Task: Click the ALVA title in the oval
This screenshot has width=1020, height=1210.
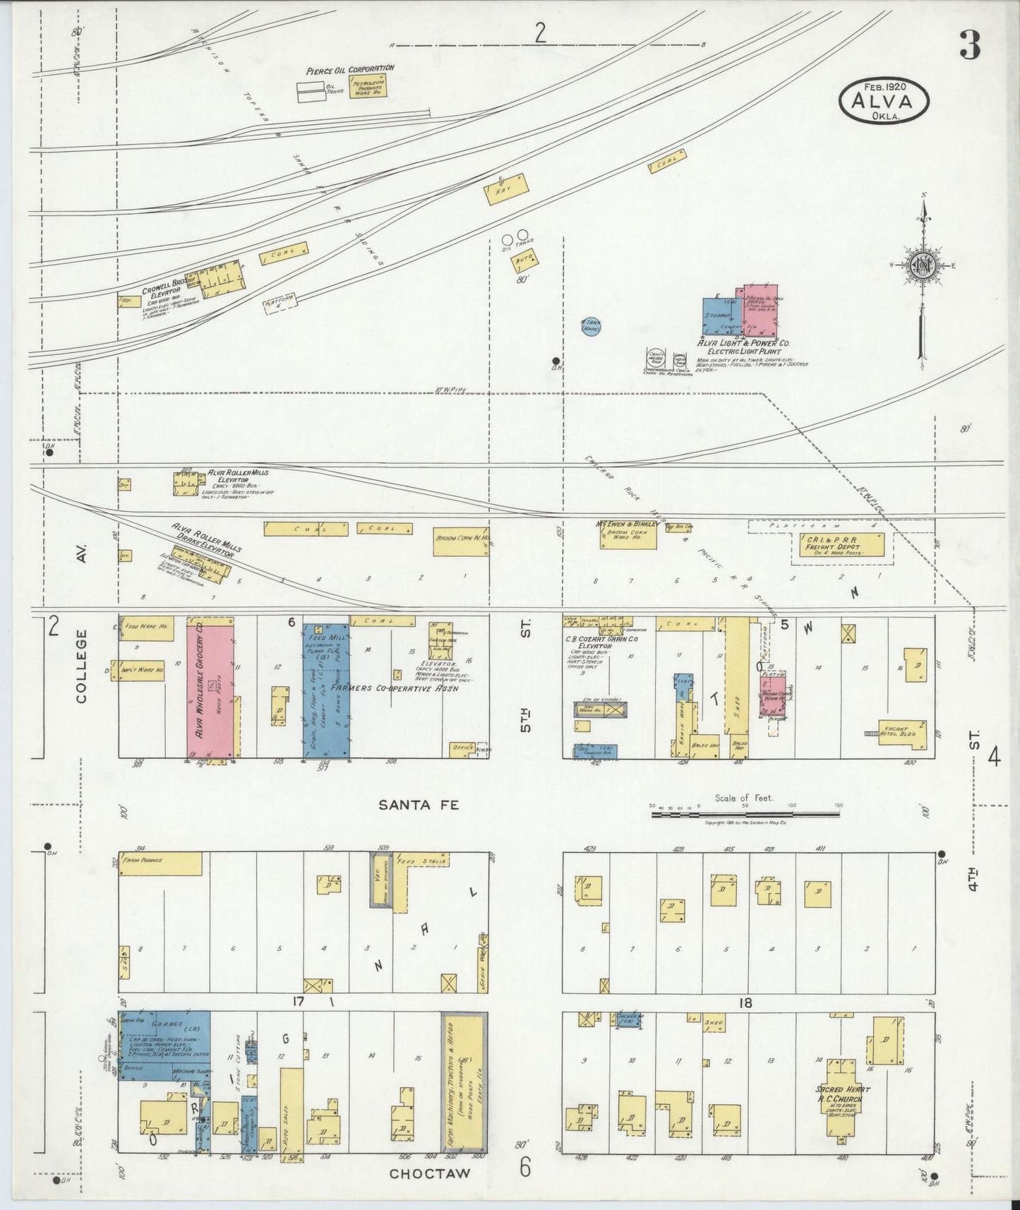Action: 884,100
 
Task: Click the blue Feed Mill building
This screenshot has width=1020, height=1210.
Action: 326,690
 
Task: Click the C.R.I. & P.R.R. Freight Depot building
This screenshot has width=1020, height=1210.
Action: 840,546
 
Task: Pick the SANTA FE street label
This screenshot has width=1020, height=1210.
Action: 419,804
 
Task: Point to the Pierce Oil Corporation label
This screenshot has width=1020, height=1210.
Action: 350,70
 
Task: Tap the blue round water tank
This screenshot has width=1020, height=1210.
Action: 590,326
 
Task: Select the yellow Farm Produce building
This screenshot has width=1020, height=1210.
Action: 161,863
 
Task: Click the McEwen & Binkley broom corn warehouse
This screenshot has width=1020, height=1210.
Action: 628,537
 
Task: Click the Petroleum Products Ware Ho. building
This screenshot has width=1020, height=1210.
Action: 368,88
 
